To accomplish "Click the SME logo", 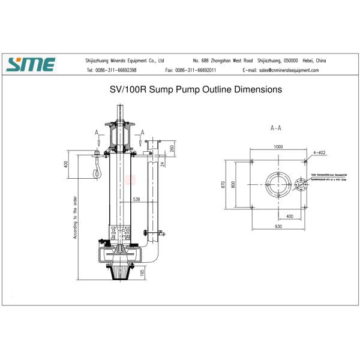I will (31, 64).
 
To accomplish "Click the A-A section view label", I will (277, 128).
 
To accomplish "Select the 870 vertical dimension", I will (223, 184).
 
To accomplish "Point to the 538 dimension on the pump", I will (136, 199).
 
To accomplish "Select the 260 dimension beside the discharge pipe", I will (172, 148).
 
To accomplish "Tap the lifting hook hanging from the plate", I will (95, 170).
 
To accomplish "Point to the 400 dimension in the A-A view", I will (289, 215).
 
